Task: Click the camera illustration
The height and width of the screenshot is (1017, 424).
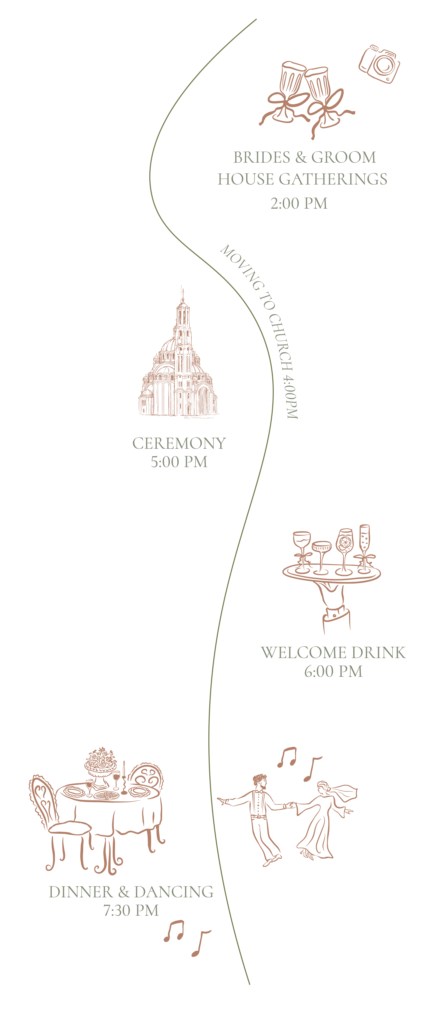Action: click(x=379, y=64)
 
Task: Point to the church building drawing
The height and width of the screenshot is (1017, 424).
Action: click(x=179, y=367)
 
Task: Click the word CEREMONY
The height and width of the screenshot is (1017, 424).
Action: click(x=179, y=443)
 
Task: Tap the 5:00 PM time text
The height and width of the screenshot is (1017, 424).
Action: click(x=179, y=462)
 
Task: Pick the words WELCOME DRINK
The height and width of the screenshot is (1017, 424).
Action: click(x=333, y=653)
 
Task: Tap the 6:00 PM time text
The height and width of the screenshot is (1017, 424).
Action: click(x=333, y=671)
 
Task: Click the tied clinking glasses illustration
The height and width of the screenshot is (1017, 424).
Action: click(x=306, y=95)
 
